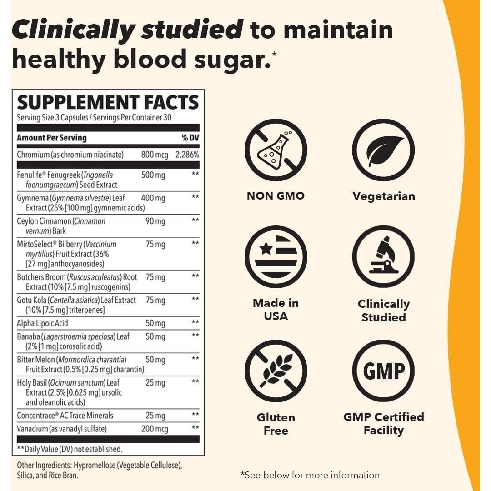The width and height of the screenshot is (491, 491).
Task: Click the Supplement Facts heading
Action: click(108, 102)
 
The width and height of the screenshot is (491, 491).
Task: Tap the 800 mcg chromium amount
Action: click(155, 155)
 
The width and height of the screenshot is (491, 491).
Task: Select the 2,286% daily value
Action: click(187, 155)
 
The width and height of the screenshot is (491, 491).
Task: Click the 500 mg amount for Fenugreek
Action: click(153, 175)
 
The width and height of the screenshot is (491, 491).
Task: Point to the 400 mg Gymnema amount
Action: click(153, 198)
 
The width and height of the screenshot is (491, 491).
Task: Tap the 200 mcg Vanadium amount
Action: click(155, 429)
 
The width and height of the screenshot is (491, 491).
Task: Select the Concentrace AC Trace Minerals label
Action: click(65, 416)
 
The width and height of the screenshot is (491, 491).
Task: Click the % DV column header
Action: click(190, 138)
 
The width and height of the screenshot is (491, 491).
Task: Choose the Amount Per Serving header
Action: click(51, 138)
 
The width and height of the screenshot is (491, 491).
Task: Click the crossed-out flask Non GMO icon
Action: click(276, 150)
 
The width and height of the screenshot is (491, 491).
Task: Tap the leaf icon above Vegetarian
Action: click(383, 150)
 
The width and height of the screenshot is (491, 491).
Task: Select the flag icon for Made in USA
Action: click(276, 256)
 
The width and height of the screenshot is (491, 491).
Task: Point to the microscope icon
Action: click(383, 256)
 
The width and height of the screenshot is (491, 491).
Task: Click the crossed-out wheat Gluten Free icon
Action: click(276, 371)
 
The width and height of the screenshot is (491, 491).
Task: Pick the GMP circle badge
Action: click(383, 371)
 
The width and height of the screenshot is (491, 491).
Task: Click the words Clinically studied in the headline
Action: click(127, 29)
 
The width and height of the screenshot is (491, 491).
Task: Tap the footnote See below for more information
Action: click(310, 475)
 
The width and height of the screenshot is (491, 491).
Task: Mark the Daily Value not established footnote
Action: click(70, 449)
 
